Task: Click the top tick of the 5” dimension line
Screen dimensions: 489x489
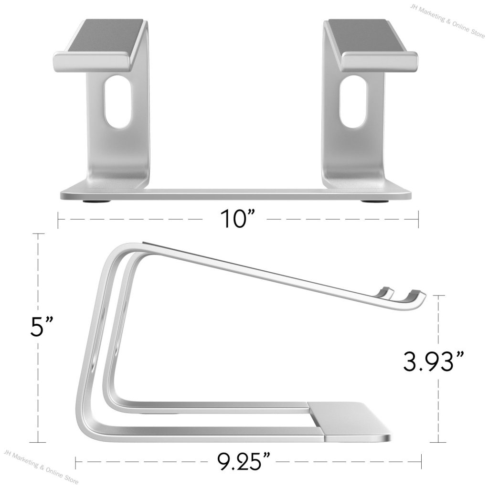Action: pyautogui.click(x=38, y=234)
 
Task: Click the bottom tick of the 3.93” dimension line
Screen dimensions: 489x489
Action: pyautogui.click(x=438, y=442)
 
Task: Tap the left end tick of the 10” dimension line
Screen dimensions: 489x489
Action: pyautogui.click(x=58, y=219)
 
